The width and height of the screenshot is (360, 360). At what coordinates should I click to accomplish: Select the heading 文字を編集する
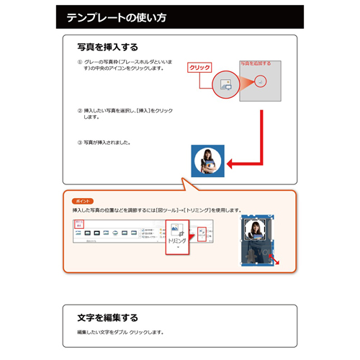point(108,317)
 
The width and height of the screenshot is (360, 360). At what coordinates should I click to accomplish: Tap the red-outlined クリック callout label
point(199,68)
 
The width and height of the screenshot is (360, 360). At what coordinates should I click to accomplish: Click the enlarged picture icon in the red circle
point(225,84)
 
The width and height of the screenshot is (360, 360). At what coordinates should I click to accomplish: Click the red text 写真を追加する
point(256,63)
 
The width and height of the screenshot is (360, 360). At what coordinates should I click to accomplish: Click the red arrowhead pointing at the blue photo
point(232,160)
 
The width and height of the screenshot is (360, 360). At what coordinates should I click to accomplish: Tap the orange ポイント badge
point(84,199)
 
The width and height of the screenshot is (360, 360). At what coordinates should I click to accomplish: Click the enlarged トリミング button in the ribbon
point(176,235)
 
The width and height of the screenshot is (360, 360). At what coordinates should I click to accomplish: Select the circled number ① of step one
point(79,63)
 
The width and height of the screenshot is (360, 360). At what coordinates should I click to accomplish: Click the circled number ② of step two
point(79,111)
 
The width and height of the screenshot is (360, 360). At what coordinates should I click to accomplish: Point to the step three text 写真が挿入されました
point(108,143)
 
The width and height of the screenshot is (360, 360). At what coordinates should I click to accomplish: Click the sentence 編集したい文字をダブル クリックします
point(121,333)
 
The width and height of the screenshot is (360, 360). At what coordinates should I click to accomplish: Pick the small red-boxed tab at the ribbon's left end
point(80,225)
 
